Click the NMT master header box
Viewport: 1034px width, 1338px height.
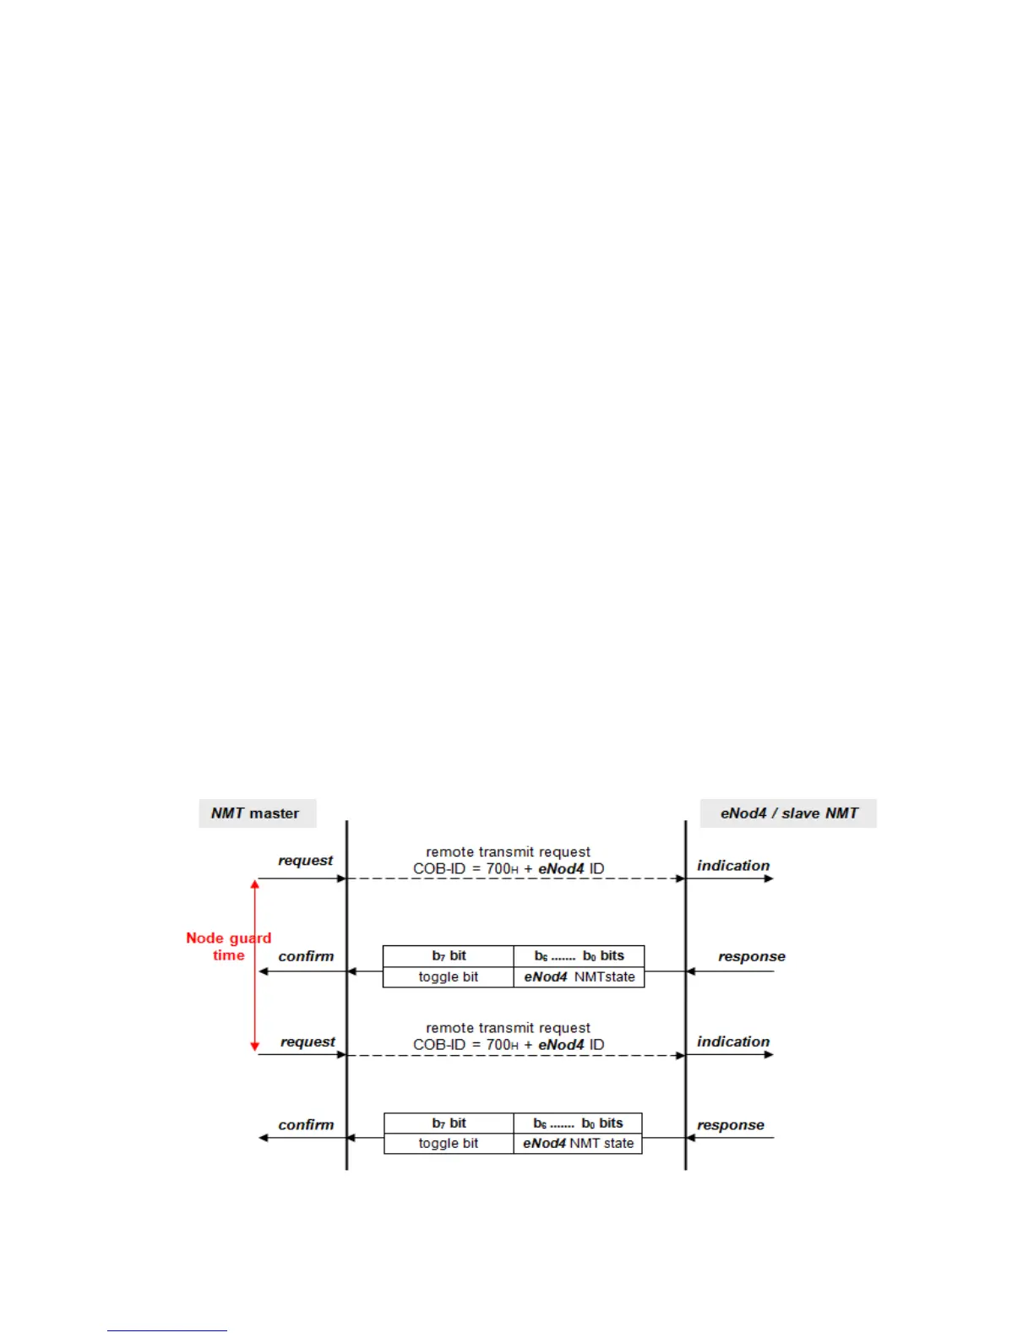click(257, 813)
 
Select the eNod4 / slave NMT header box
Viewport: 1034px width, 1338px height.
click(788, 813)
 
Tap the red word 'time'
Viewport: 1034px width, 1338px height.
click(229, 955)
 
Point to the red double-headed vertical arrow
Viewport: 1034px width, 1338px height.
click(254, 965)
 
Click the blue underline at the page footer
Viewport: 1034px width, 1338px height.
click(167, 1330)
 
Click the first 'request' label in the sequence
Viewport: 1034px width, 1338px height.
click(306, 861)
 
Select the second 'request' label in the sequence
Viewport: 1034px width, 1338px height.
click(307, 1042)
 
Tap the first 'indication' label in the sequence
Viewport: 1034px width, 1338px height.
click(733, 866)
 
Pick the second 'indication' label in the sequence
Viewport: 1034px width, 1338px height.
click(733, 1042)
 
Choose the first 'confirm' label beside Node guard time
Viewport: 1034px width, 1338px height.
click(306, 956)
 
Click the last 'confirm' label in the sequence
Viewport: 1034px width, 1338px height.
click(306, 1124)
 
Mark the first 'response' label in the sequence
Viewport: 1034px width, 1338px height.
click(752, 956)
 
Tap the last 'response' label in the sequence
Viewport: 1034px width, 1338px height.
click(731, 1125)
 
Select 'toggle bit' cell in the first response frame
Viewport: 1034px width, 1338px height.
click(449, 977)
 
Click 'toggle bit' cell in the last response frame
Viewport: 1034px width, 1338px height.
click(449, 1144)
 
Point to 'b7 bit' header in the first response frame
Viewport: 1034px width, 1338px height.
click(449, 956)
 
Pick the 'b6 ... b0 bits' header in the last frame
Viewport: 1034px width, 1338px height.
click(578, 1123)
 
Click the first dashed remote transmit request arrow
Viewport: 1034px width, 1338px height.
click(515, 879)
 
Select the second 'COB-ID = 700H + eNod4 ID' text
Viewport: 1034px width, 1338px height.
click(509, 1045)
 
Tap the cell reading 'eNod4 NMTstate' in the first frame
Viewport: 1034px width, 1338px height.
click(580, 977)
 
